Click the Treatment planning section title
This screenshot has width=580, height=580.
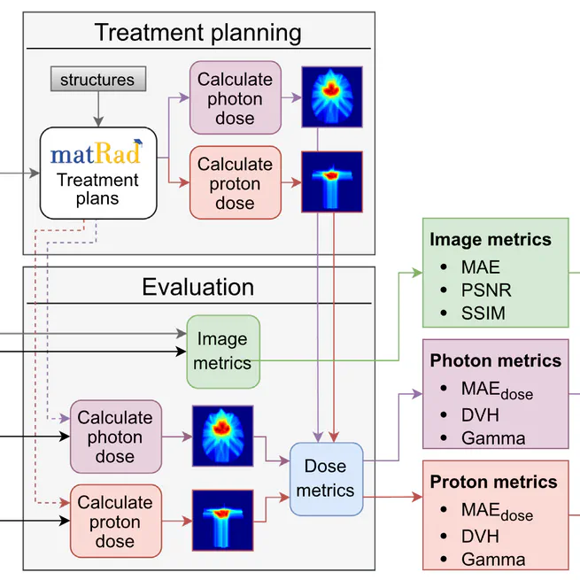click(197, 34)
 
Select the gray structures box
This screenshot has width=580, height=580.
click(97, 80)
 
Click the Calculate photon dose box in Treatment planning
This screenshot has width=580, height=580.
click(235, 98)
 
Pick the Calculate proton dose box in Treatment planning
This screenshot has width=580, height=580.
click(235, 182)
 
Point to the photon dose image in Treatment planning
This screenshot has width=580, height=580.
click(332, 96)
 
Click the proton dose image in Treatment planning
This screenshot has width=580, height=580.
click(332, 182)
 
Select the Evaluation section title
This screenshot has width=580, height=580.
click(197, 288)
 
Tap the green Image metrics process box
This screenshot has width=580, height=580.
click(223, 351)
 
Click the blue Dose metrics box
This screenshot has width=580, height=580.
click(326, 478)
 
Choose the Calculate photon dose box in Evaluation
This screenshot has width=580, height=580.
click(115, 437)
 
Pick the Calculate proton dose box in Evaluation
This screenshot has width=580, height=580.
click(115, 522)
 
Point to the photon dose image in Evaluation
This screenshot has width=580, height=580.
click(222, 436)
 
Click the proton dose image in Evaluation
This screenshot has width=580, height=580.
click(222, 522)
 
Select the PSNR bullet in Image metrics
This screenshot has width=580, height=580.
click(485, 290)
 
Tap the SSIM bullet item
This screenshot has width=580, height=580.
click(483, 313)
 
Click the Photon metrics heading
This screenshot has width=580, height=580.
click(495, 360)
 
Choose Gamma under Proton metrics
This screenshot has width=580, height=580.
click(492, 559)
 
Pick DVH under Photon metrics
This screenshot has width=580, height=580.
click(480, 414)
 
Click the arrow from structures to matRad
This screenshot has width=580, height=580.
click(97, 110)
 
